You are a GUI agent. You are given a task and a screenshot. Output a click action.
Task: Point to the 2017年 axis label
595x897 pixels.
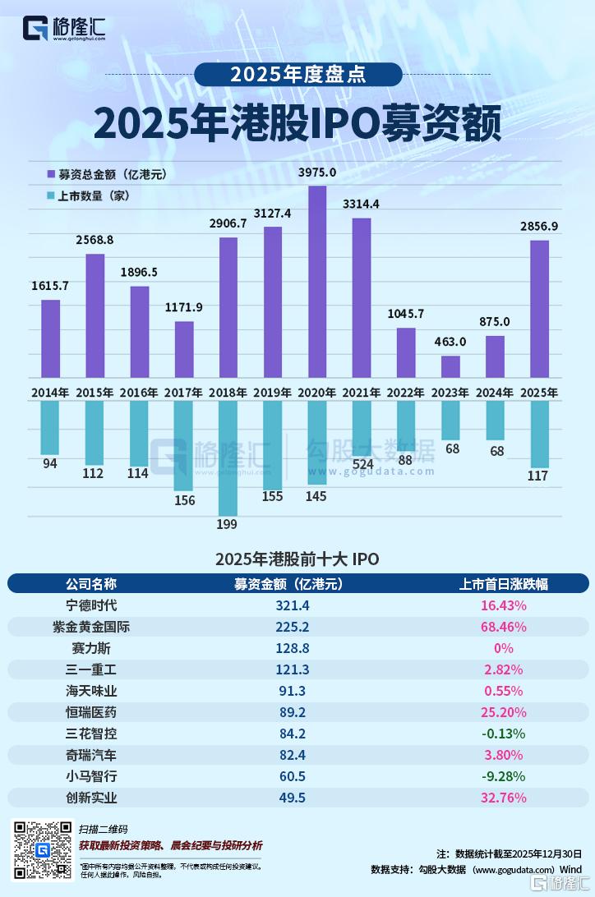(184, 393)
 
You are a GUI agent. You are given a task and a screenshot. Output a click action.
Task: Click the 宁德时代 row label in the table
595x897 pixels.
(91, 605)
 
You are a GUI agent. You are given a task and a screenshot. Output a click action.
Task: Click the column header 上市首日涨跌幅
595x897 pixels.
(503, 584)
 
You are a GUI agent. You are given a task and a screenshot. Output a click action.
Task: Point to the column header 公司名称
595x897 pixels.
(91, 584)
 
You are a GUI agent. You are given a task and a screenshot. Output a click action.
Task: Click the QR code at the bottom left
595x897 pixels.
(41, 849)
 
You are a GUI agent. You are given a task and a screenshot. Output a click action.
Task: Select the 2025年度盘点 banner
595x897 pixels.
(297, 75)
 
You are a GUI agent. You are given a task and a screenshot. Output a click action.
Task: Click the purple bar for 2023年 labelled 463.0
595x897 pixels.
(450, 366)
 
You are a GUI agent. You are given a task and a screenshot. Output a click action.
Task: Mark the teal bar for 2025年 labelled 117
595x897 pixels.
(539, 434)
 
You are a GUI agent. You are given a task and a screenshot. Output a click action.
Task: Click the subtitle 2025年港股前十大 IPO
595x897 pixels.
(297, 559)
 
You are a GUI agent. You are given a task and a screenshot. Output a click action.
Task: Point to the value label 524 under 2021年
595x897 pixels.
(362, 463)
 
